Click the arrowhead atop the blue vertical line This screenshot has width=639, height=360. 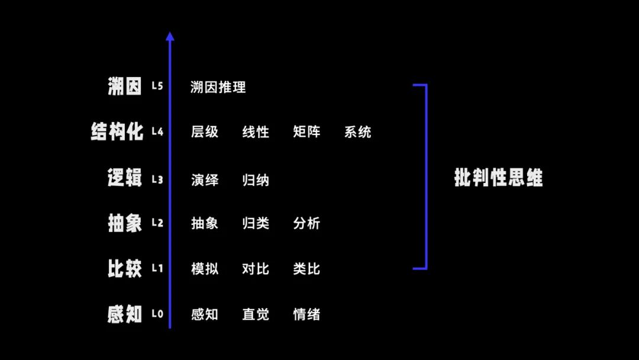pyautogui.click(x=170, y=36)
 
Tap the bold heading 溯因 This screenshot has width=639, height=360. pyautogui.click(x=125, y=86)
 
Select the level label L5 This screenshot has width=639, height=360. pyautogui.click(x=157, y=86)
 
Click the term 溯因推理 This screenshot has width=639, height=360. pyautogui.click(x=218, y=88)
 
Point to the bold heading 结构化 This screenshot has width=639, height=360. pyautogui.click(x=117, y=131)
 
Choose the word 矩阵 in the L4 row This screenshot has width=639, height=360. pyautogui.click(x=306, y=132)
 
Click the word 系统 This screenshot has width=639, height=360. pyautogui.click(x=358, y=132)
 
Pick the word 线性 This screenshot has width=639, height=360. pyautogui.click(x=256, y=132)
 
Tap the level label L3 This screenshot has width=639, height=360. pyautogui.click(x=157, y=179)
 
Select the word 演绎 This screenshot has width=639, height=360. pyautogui.click(x=205, y=179)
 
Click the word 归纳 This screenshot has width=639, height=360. pyautogui.click(x=256, y=179)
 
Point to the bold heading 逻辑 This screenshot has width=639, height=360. pyautogui.click(x=125, y=178)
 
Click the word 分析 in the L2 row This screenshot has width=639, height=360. pyautogui.click(x=306, y=223)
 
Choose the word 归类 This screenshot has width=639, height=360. pyautogui.click(x=256, y=223)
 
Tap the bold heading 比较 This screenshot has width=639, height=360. pyautogui.click(x=125, y=268)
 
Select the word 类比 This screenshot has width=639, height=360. pyautogui.click(x=306, y=269)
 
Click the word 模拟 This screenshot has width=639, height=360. pyautogui.click(x=205, y=269)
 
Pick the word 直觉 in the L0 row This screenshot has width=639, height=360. pyautogui.click(x=256, y=314)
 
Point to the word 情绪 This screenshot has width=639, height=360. pyautogui.click(x=306, y=314)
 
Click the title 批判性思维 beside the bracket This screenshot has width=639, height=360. pyautogui.click(x=498, y=178)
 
